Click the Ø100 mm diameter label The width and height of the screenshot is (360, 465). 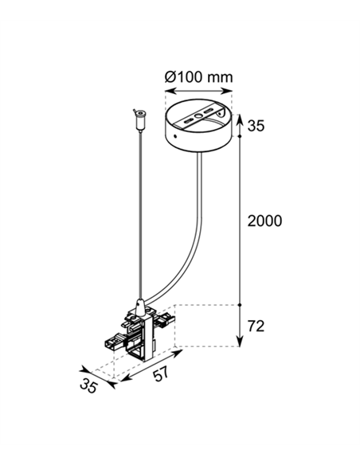[198, 77]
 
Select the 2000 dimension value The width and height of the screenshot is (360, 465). [264, 221]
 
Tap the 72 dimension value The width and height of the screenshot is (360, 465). [256, 326]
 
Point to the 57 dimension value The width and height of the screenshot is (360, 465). [161, 373]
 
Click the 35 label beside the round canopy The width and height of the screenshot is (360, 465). [256, 126]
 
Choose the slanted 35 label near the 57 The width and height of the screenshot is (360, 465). [88, 386]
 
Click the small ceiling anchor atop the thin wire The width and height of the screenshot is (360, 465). [139, 120]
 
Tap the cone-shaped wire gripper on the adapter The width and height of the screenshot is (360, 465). [139, 306]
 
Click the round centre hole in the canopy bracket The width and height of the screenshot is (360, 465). [198, 116]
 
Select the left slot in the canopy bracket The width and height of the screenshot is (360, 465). [188, 121]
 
